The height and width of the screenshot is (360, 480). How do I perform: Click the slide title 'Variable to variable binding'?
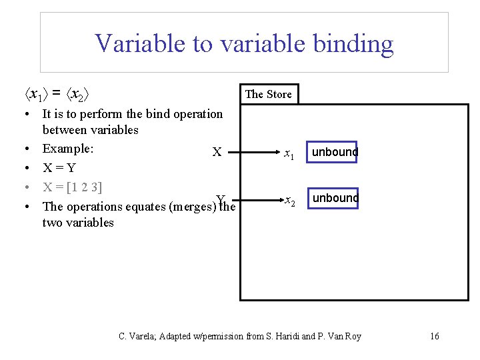click(x=244, y=44)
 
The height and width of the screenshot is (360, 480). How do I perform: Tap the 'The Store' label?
click(x=268, y=94)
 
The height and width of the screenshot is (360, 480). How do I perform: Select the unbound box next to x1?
click(x=335, y=152)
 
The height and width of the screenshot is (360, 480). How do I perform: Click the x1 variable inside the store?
click(x=288, y=154)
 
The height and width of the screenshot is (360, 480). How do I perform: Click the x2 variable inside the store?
click(x=289, y=200)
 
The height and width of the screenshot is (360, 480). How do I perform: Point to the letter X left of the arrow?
click(x=217, y=152)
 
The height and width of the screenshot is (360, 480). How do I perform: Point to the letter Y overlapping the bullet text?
click(x=221, y=199)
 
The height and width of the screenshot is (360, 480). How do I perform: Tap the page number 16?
click(x=434, y=336)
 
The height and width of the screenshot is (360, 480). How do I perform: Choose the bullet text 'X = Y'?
click(x=59, y=167)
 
